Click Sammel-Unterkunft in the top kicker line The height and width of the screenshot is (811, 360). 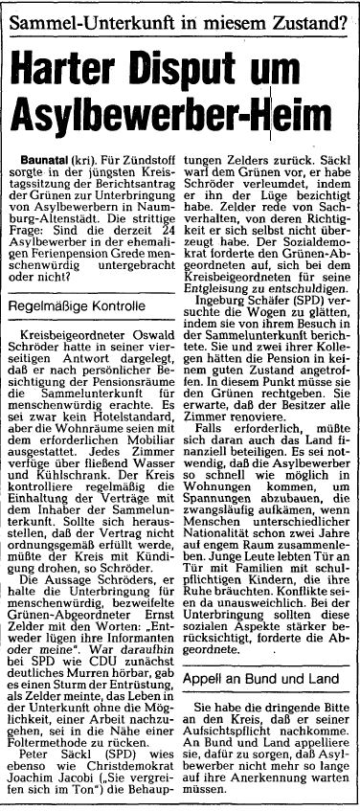pyautogui.click(x=81, y=16)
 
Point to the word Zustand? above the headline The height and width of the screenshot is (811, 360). pyautogui.click(x=305, y=16)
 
